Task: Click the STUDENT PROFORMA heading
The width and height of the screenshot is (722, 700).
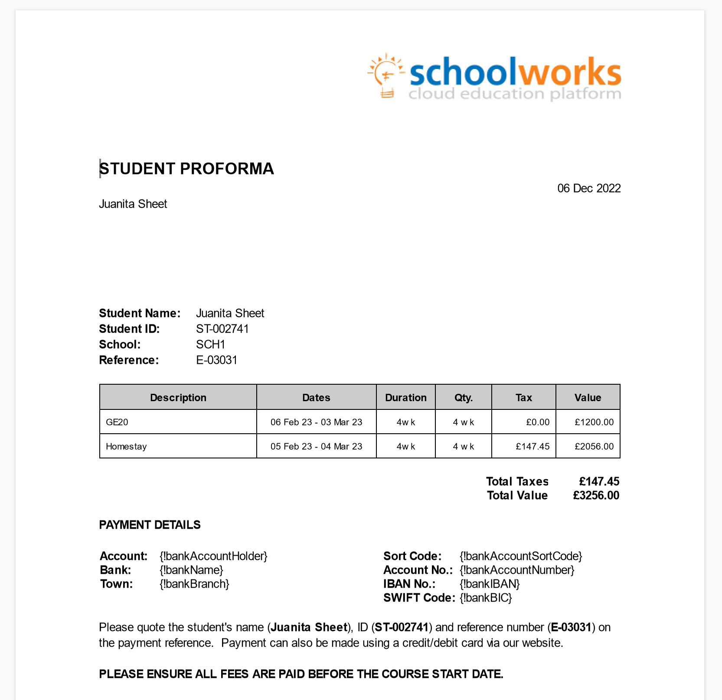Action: pos(187,169)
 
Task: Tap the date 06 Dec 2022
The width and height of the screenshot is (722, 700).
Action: pos(589,188)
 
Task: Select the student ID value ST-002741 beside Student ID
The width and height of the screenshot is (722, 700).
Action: pos(222,329)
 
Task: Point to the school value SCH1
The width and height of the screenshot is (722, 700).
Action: pos(211,344)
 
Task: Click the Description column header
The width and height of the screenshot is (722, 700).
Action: pos(178,397)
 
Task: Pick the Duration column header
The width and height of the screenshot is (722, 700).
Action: pos(406,397)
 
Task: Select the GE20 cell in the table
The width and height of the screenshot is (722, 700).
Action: pos(117,422)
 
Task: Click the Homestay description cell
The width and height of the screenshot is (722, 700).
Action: pos(126,446)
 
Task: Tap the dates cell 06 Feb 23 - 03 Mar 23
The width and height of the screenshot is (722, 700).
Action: pos(316,422)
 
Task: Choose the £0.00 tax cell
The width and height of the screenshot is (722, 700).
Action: pos(538,422)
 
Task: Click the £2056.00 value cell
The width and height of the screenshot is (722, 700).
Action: pos(594,446)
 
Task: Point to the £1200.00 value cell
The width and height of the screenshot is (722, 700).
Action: pos(594,422)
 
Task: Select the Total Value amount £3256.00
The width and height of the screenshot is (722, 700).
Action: pos(596,495)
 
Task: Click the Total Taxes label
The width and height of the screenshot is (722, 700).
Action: pos(517,481)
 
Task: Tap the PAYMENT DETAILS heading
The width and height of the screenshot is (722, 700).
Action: pos(150,525)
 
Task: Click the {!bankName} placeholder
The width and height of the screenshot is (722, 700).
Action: pos(191,570)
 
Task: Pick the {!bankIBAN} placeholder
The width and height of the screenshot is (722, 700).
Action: pos(490,584)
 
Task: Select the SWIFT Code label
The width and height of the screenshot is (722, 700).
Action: pos(419,598)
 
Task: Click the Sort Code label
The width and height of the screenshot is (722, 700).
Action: pos(412,556)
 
